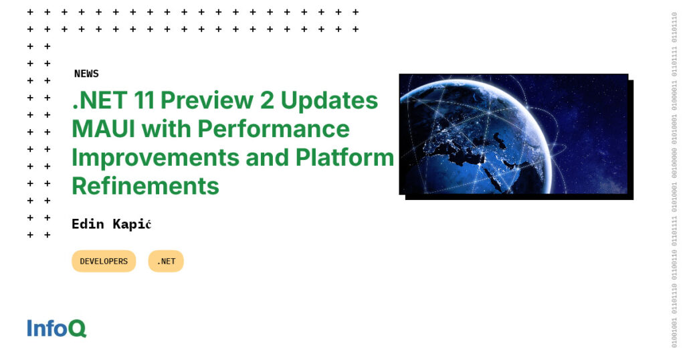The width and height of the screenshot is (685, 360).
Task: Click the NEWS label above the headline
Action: tap(86, 74)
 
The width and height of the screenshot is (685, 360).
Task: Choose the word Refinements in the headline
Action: tap(145, 185)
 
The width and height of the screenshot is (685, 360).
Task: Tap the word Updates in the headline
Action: tap(329, 100)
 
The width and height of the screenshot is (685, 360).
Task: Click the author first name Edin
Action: tap(88, 224)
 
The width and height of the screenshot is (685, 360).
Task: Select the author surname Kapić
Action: tap(132, 224)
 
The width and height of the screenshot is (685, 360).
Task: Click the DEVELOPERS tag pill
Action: tap(104, 262)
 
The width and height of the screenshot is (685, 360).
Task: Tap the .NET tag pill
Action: tap(166, 262)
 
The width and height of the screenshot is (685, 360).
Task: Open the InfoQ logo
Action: tap(57, 329)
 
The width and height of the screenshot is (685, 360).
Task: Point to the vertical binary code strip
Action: tap(674, 180)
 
